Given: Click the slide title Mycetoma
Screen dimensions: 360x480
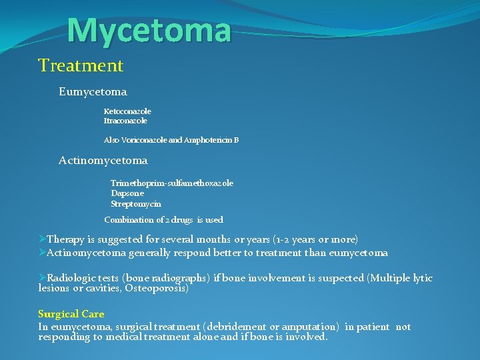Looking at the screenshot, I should click(149, 29).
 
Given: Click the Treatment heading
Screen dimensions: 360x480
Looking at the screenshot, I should click(81, 65).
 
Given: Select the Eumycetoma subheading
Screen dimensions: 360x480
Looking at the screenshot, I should click(93, 91).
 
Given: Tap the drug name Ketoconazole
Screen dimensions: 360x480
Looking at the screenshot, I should click(127, 111).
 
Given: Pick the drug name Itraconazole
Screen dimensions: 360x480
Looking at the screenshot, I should click(125, 121).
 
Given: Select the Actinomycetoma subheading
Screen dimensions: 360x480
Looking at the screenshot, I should click(103, 161).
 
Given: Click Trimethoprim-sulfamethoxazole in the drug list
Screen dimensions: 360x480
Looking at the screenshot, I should click(172, 183).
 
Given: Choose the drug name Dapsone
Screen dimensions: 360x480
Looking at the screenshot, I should click(127, 193).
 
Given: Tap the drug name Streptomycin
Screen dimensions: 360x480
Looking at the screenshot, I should click(136, 203).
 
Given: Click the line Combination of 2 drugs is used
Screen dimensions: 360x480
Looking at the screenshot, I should click(164, 219).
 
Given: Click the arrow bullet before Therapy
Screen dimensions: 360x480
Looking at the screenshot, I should click(42, 239).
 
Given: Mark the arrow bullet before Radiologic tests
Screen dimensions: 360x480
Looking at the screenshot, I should click(42, 277).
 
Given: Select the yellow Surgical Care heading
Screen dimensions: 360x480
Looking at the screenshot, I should click(71, 313).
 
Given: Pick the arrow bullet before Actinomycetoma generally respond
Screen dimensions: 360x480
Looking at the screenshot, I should click(42, 252).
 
